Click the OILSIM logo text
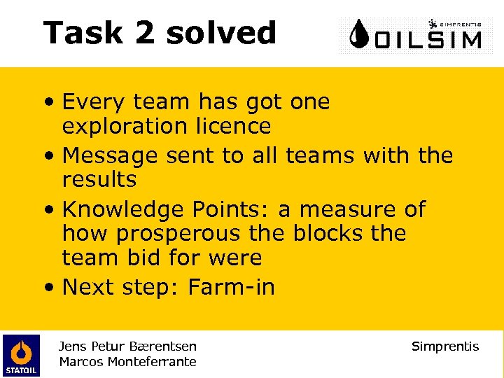(428, 38)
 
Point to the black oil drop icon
(360, 34)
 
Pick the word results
(99, 180)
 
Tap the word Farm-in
(232, 287)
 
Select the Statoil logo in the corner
(21, 355)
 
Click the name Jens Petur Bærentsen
(128, 346)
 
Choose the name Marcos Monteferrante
(128, 362)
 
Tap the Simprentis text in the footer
(445, 346)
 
